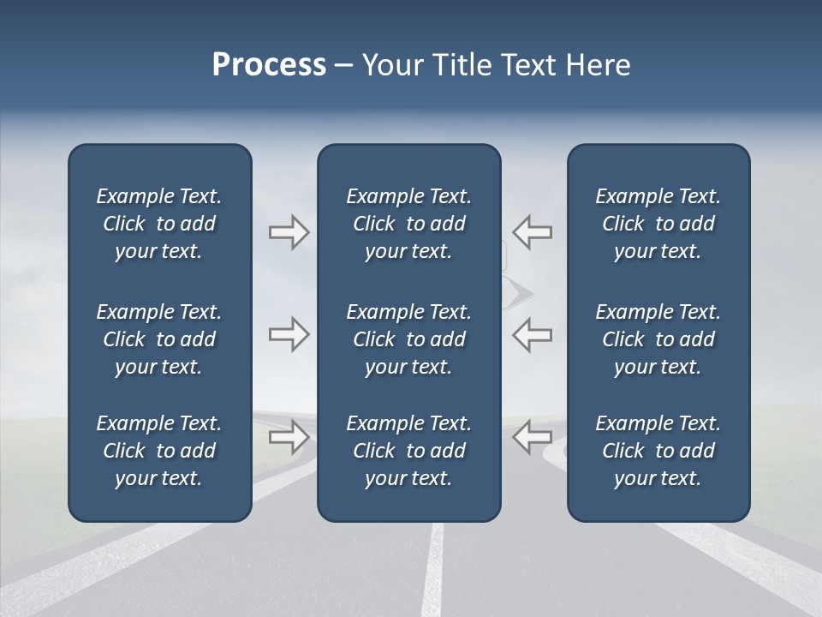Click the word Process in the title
(269, 65)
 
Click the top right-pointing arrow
(289, 232)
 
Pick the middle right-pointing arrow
(289, 334)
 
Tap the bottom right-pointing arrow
(289, 437)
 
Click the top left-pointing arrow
(532, 232)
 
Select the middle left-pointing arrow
(532, 334)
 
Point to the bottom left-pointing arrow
(532, 437)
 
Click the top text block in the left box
(159, 224)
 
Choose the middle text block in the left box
(159, 339)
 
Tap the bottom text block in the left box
(159, 451)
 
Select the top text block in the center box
(408, 224)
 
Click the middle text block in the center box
(408, 339)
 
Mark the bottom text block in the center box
(408, 451)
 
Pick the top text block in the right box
(658, 224)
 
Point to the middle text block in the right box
(658, 339)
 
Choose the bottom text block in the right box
(658, 451)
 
